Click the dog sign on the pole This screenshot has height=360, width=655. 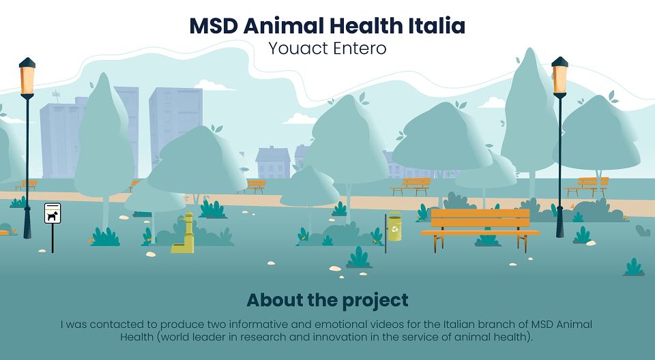click(53, 213)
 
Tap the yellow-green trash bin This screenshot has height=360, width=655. click(394, 226)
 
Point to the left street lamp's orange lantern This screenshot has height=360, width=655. click(27, 78)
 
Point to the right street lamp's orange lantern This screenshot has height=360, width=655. click(559, 78)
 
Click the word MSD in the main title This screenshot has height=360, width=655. click(214, 26)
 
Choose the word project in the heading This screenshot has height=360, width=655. click(375, 301)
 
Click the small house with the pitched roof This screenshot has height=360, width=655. click(273, 162)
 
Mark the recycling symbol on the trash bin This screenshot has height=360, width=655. click(395, 229)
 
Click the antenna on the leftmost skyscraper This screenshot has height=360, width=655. click(55, 97)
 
